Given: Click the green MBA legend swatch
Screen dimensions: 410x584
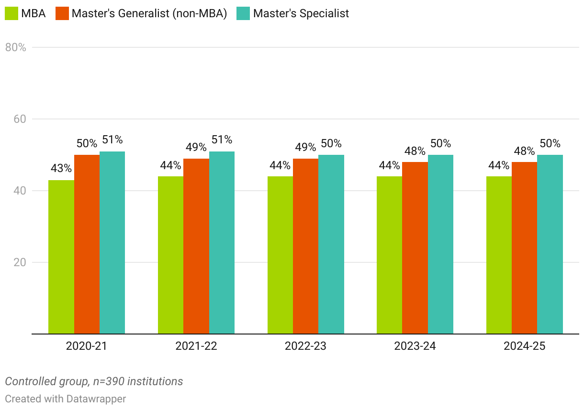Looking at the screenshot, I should [x=11, y=13].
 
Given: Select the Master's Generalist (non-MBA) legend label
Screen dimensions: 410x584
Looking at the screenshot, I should [x=149, y=13].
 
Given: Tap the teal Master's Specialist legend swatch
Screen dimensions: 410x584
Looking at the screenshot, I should [x=244, y=13].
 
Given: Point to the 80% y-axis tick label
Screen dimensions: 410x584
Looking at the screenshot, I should [x=15, y=47].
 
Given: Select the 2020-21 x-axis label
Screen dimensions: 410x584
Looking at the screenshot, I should [x=87, y=346].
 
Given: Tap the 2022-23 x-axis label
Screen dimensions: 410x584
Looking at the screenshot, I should [x=305, y=346].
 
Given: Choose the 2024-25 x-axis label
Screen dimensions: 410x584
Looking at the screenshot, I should [x=524, y=346].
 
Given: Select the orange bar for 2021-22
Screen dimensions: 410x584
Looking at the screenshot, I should [x=196, y=246].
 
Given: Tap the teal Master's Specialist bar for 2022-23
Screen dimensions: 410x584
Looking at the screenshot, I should [x=331, y=244].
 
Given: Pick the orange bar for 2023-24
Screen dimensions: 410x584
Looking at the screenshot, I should [x=415, y=248].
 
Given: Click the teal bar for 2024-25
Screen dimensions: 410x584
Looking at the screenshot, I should [x=550, y=244].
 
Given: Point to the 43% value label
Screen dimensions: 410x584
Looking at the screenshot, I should [x=61, y=169].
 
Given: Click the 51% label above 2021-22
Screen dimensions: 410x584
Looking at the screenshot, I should [x=222, y=140].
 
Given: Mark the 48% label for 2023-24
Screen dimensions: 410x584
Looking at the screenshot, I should [x=415, y=151].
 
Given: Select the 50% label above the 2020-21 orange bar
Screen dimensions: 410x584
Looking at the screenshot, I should [x=87, y=143].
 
